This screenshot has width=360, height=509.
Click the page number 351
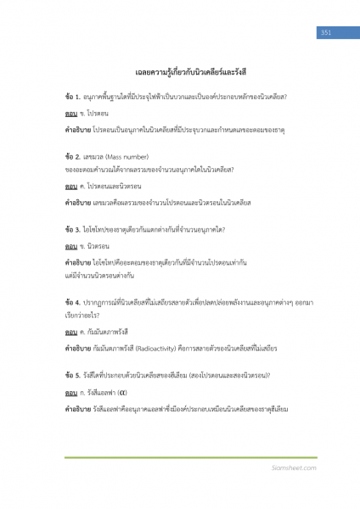point(324,32)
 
